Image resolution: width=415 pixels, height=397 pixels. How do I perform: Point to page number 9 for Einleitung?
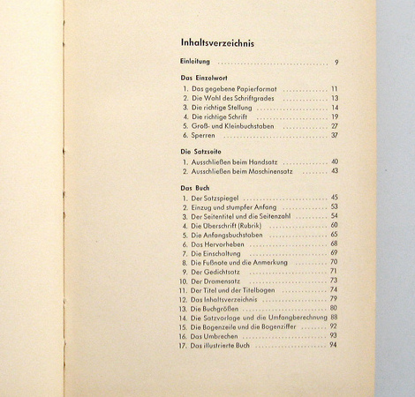[x=336, y=63]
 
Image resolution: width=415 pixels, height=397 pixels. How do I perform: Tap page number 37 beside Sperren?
[x=334, y=136]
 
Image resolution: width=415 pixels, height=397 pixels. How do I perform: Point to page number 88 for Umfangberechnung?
[x=334, y=317]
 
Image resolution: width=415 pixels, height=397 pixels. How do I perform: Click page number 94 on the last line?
[x=334, y=344]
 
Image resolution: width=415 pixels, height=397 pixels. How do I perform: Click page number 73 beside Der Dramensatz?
[x=334, y=281]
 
